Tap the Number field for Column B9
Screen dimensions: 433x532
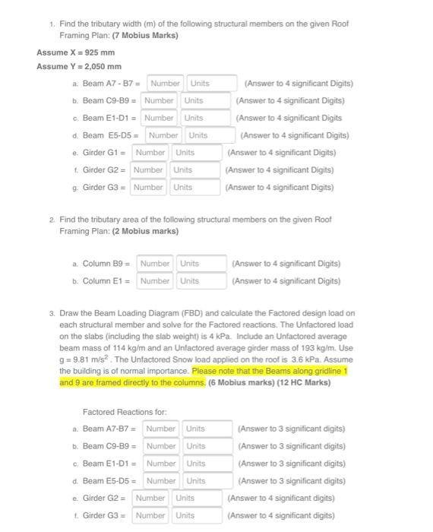(x=156, y=264)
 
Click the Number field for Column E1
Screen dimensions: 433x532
(x=156, y=281)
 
